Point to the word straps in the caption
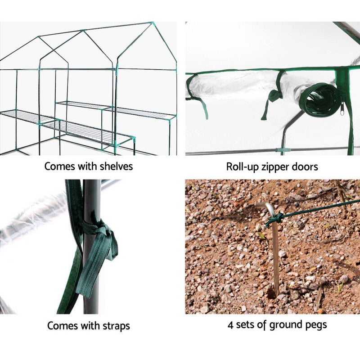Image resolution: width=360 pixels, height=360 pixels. pos(115,325)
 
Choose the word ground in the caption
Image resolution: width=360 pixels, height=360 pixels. pos(283,325)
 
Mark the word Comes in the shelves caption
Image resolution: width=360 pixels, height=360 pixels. pos(60,166)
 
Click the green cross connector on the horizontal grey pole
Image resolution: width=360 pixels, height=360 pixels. pos(282,150)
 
